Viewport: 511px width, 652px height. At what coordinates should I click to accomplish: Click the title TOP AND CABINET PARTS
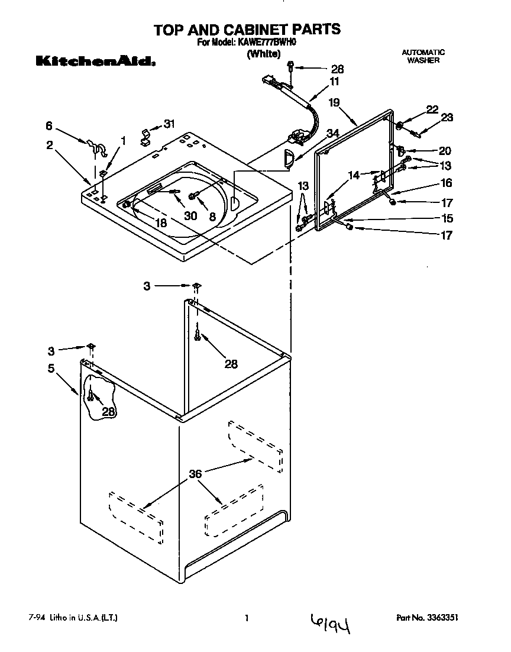(x=247, y=29)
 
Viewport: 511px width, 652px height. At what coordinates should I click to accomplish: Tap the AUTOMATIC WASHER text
(x=423, y=56)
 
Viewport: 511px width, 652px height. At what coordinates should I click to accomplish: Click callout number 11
(x=335, y=81)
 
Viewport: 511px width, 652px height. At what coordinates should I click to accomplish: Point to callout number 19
(x=334, y=102)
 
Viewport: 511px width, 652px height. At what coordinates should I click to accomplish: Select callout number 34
(x=333, y=134)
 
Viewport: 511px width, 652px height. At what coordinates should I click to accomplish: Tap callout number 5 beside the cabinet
(x=51, y=368)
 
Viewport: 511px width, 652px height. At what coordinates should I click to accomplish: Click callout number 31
(x=169, y=124)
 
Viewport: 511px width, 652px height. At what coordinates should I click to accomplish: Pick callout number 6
(x=50, y=125)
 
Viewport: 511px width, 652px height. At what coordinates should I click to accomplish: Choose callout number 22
(x=432, y=109)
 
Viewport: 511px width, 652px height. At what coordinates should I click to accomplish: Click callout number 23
(x=447, y=117)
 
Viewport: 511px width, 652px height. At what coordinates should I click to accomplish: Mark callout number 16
(x=446, y=183)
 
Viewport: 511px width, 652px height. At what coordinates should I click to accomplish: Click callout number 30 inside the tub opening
(x=190, y=216)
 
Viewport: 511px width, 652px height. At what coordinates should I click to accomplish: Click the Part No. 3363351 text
(x=427, y=618)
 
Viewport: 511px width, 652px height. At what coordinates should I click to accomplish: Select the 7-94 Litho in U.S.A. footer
(x=73, y=618)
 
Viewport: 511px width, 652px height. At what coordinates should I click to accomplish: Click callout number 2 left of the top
(x=50, y=144)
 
